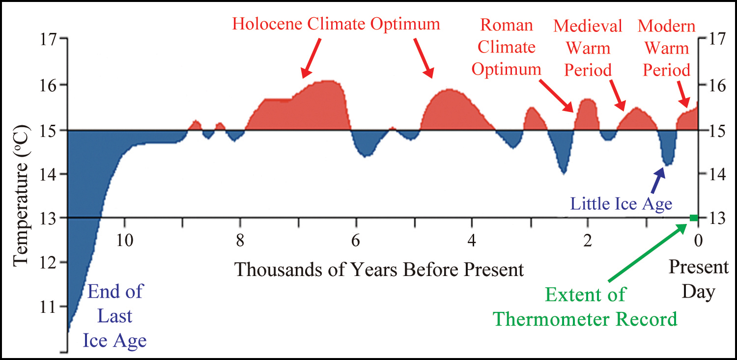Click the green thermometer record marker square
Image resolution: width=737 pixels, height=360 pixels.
pos(693,218)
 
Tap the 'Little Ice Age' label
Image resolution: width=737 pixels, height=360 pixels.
pos(621,203)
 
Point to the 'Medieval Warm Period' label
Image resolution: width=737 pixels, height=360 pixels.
pos(588,48)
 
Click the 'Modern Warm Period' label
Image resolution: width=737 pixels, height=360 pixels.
pos(666,48)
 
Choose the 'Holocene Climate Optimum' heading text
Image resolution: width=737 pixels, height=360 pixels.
pos(336,24)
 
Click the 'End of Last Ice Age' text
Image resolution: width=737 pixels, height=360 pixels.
pos(115,315)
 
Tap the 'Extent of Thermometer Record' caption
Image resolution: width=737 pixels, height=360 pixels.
pos(585,307)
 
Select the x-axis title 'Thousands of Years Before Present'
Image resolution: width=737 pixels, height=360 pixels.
pos(379,269)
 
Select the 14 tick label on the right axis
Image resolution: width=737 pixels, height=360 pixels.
pos(715,174)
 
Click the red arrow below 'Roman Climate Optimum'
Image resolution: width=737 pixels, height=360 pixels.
pos(557,94)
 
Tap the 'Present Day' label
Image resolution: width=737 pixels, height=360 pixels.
pos(698,279)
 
